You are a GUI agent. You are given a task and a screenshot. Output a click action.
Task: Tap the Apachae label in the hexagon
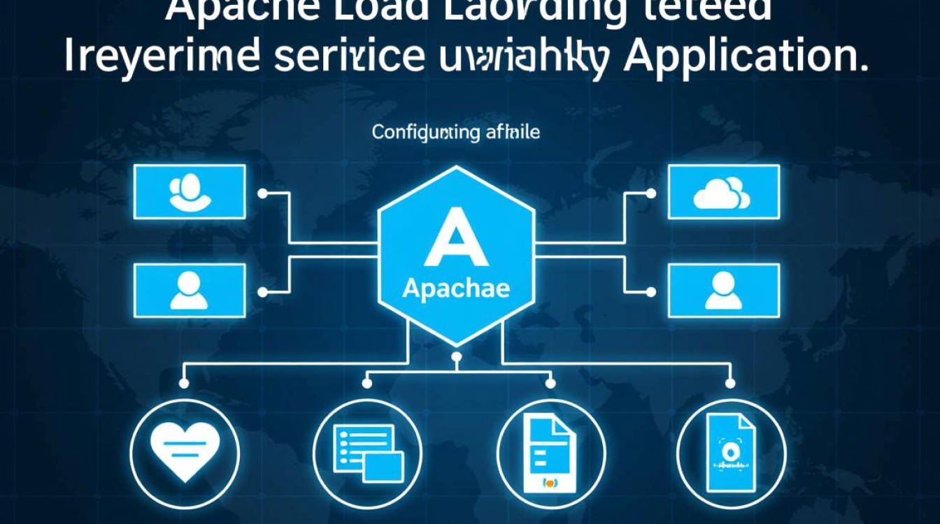(456, 289)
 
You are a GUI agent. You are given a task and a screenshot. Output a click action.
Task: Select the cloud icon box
(723, 192)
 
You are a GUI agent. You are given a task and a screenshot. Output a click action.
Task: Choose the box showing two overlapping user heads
(189, 192)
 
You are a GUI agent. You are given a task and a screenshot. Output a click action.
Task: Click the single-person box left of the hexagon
(189, 291)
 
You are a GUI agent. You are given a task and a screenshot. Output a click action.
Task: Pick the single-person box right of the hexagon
(723, 291)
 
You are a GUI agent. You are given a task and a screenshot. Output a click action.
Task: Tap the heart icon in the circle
(185, 451)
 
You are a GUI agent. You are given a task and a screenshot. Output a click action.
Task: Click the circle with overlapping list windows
(368, 451)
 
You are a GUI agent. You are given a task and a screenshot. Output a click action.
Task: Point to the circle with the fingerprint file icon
(732, 451)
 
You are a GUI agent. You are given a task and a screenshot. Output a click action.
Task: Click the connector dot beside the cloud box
(650, 193)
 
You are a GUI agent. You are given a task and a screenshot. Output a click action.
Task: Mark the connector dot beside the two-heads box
(262, 193)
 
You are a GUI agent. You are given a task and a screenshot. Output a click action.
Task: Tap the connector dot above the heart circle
(184, 383)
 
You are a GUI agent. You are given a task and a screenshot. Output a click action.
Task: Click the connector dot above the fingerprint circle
(731, 383)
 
